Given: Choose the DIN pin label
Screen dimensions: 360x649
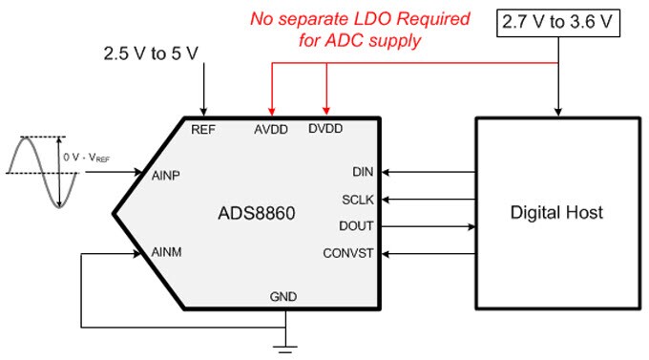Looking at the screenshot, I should (364, 173).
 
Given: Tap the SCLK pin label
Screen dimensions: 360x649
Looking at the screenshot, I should (358, 200).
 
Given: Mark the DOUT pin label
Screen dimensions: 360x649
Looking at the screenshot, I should (357, 226).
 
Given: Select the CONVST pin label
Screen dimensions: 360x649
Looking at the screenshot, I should (350, 253).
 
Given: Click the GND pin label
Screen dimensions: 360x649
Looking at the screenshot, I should (283, 297).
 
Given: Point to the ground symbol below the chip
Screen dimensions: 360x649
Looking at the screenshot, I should (283, 345).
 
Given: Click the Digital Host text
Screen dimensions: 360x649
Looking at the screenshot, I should (555, 212).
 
